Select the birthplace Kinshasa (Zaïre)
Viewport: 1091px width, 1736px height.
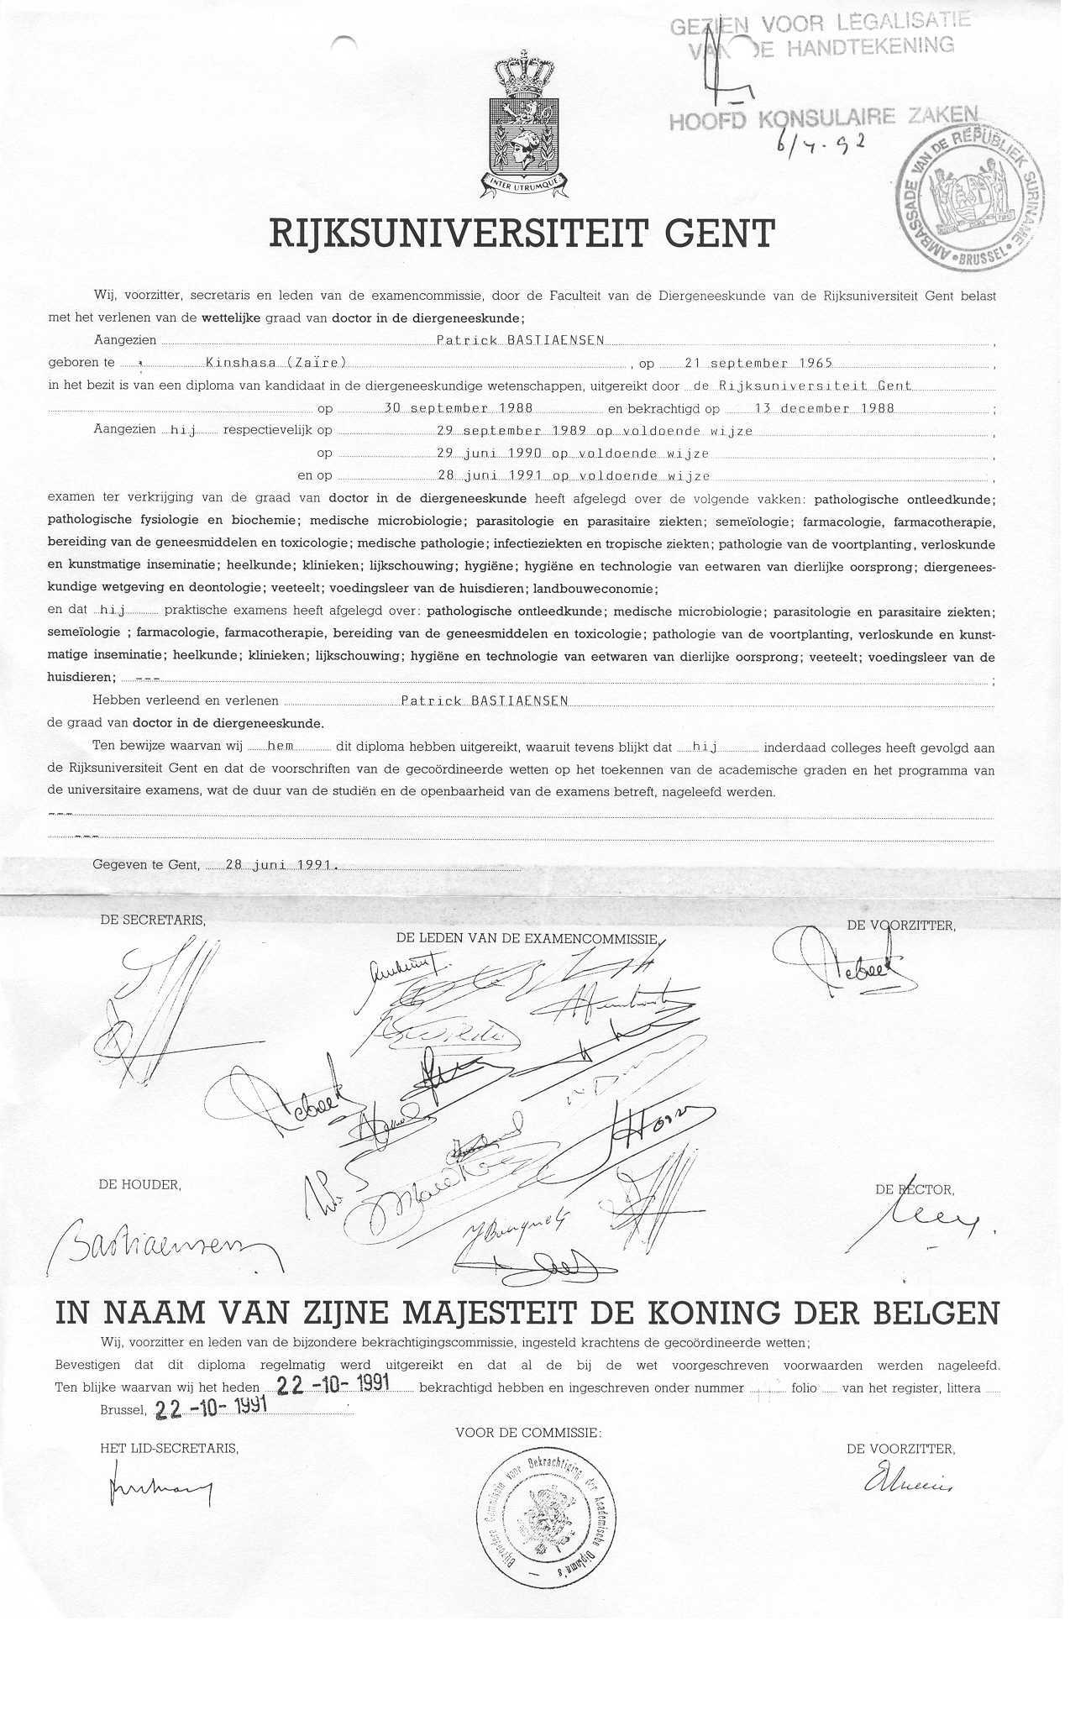click(276, 363)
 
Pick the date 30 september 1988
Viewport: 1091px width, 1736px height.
click(458, 408)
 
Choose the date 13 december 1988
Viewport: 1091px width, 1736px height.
click(811, 408)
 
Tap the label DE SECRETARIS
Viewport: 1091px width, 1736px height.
click(152, 920)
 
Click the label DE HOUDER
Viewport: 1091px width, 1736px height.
click(139, 1184)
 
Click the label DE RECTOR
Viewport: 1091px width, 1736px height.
click(914, 1189)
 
